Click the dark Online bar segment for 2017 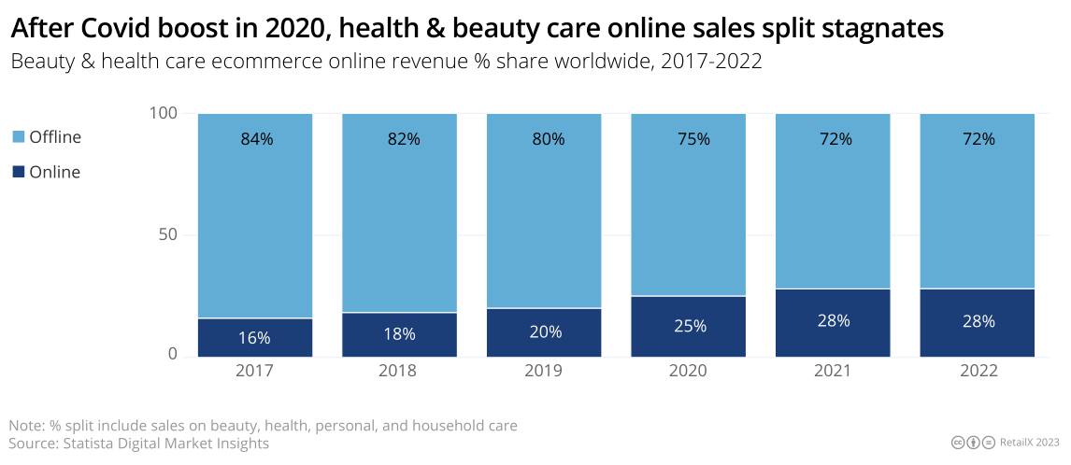255,337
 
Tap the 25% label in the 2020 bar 688,327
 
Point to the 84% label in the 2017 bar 255,139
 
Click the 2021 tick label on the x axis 833,371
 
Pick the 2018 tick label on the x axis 399,371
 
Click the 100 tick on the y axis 163,113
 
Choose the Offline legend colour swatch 19,137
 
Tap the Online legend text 55,172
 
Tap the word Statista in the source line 88,444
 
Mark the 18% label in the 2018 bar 399,334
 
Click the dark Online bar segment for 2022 978,322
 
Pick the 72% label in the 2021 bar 833,139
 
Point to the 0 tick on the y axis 173,355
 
